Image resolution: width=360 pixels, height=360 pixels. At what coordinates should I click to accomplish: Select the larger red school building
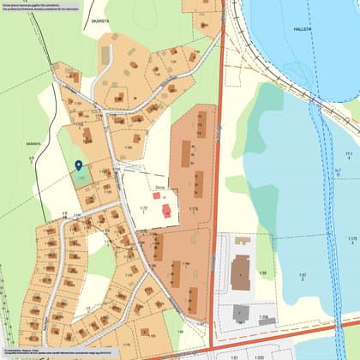pos(166,210)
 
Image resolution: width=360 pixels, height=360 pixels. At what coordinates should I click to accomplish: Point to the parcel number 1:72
pos(144,208)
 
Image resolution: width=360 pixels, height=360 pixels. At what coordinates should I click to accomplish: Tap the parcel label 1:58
pos(263,273)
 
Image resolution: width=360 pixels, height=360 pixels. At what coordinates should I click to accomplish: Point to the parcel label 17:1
pos(349,154)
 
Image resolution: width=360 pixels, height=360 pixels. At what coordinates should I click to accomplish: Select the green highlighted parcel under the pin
pos(81,177)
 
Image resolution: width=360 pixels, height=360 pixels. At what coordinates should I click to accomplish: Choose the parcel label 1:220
pos(259,356)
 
